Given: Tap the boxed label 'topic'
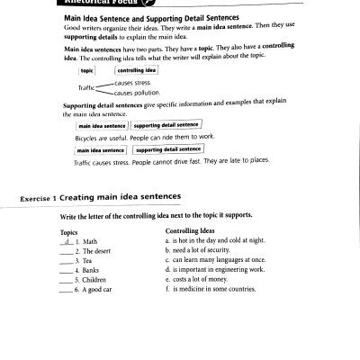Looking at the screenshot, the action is point(87,69).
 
